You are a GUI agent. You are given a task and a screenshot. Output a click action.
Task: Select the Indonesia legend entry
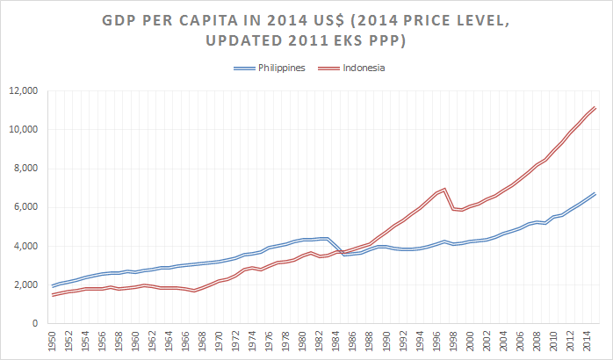(363, 68)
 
